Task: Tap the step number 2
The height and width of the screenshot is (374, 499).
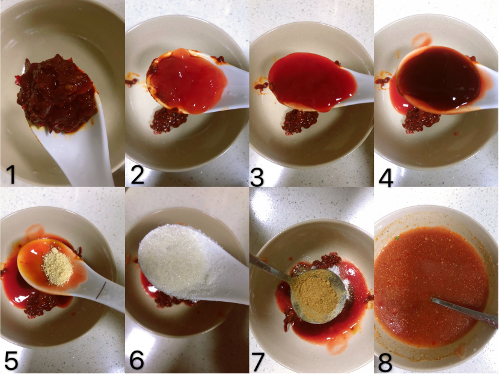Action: click(138, 175)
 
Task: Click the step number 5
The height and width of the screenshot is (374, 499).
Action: click(11, 360)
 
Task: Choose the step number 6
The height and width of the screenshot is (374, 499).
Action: click(137, 360)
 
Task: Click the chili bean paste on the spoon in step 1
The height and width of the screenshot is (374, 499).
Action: click(57, 94)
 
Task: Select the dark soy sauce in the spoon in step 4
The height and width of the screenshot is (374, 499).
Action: click(439, 79)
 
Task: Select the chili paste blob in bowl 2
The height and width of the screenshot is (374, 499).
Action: click(169, 120)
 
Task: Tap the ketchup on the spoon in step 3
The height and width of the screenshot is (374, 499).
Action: click(312, 82)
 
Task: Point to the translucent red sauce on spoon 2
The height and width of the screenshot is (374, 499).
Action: click(188, 81)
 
